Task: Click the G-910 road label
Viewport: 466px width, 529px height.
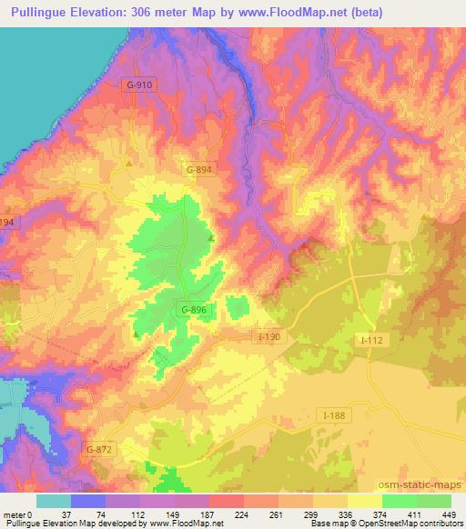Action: coord(138,85)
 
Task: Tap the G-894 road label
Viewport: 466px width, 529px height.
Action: coord(199,169)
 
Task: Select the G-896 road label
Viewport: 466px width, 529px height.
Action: coord(193,310)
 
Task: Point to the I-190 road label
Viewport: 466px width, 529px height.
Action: coord(270,337)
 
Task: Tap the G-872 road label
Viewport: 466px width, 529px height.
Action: coord(98,450)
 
